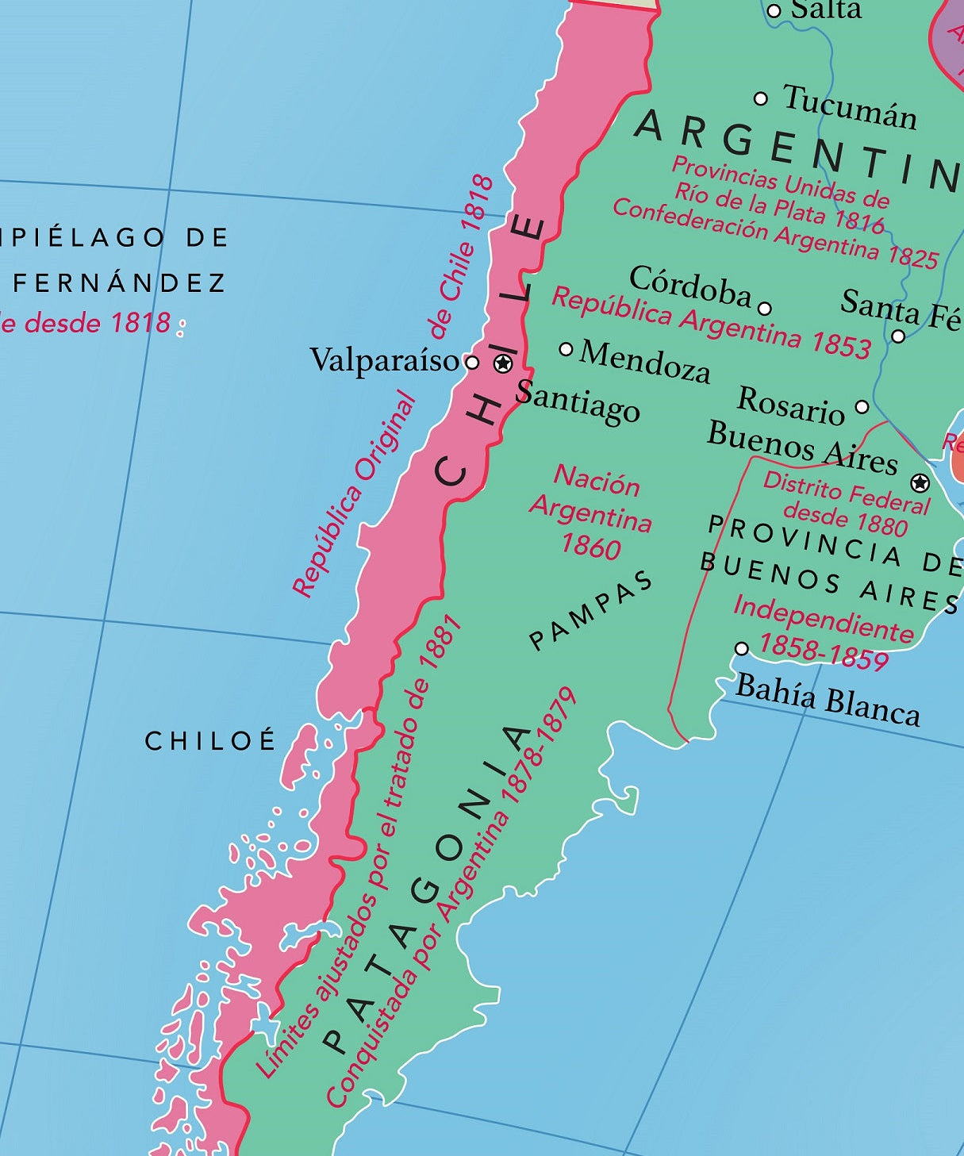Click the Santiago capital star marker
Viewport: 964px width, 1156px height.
(503, 363)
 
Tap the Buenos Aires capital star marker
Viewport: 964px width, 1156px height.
(920, 482)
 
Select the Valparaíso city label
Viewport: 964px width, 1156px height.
(385, 360)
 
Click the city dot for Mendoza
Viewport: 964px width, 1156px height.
(566, 349)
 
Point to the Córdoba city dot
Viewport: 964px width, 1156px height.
(765, 309)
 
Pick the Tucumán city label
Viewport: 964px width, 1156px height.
(850, 107)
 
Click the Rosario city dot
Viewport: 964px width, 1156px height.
(862, 407)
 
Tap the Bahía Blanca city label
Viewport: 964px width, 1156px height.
(828, 700)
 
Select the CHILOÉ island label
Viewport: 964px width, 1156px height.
(210, 741)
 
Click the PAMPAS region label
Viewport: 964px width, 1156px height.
(591, 610)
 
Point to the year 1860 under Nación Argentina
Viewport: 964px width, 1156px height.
(590, 547)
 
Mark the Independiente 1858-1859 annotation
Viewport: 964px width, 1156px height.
(824, 632)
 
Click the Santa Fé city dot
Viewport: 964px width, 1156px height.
(898, 336)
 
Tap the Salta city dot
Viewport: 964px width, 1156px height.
(774, 11)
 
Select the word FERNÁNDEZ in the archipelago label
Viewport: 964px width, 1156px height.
(119, 282)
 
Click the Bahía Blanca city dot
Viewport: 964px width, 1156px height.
(742, 648)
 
